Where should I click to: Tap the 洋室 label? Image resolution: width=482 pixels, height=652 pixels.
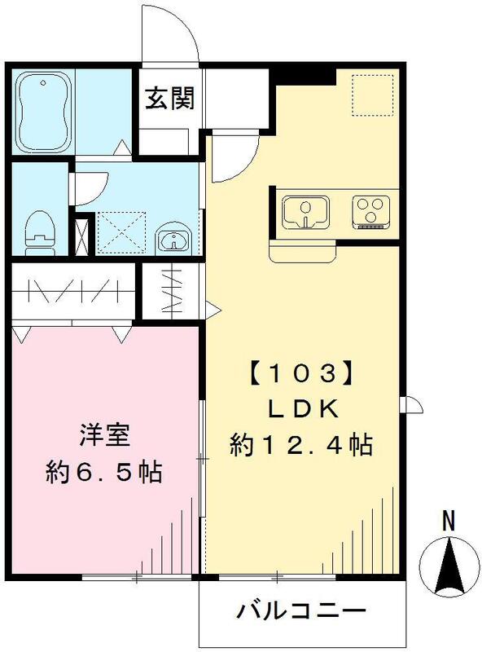coord(100,434)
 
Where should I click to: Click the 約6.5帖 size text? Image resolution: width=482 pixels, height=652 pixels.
coord(102,471)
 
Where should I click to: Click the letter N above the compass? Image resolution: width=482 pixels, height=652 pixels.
coord(448,520)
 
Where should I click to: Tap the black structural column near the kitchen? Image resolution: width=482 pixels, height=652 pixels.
coord(304,74)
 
